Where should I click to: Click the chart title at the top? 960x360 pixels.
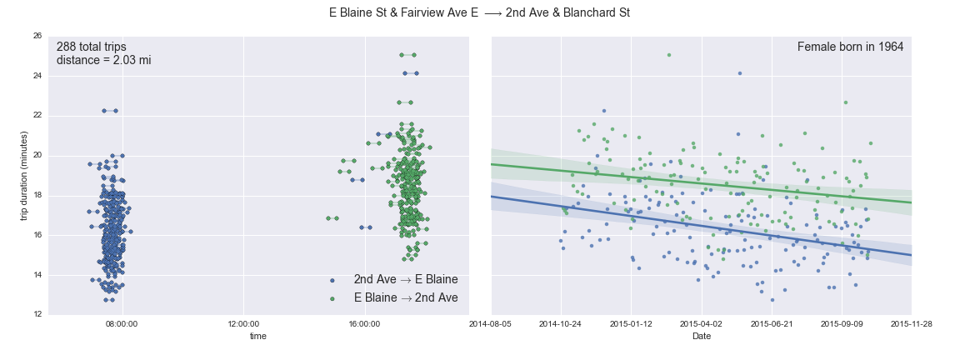pos(479,13)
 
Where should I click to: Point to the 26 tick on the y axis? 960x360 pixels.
pos(37,36)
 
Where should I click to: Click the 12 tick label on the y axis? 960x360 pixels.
pos(37,315)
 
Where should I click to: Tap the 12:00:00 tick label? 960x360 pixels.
pos(243,323)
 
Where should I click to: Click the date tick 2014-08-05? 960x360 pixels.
pos(491,323)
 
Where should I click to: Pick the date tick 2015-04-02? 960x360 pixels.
pos(702,323)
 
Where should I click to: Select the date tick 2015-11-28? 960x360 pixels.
pos(912,323)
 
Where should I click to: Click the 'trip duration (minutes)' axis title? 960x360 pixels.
pos(24,175)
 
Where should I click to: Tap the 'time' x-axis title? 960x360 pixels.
pos(258,337)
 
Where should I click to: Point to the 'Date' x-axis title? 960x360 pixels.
pos(701,337)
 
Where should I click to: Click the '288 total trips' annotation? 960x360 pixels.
pos(92,47)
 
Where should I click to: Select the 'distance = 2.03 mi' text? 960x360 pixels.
pos(103,61)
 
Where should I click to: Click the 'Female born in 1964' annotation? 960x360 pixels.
pos(850,47)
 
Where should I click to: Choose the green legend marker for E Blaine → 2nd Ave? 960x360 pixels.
pos(332,297)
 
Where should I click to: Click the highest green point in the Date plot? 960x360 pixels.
pos(668,55)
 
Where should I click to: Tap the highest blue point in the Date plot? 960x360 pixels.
pos(739,73)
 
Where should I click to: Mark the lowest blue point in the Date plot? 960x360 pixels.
pos(772,300)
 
